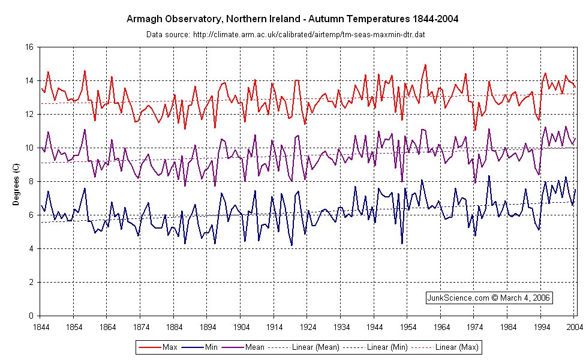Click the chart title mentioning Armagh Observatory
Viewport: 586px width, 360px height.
click(x=293, y=19)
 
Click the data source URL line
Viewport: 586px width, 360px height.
click(x=286, y=34)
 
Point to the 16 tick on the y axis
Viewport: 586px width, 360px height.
click(x=28, y=47)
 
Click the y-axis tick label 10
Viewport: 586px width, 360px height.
click(x=28, y=148)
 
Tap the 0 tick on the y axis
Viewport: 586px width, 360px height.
click(x=29, y=316)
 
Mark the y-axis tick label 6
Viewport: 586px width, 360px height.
click(x=29, y=215)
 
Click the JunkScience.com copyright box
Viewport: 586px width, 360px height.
click(x=488, y=297)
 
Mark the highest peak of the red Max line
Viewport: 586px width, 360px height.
click(x=425, y=65)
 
